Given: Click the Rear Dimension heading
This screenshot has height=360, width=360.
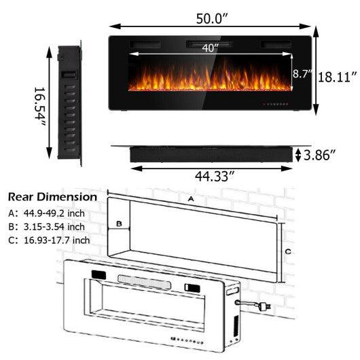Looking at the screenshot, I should tap(52, 197).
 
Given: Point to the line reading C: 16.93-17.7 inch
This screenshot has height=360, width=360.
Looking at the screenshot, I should tap(48, 240).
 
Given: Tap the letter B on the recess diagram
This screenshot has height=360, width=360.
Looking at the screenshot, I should tap(118, 222).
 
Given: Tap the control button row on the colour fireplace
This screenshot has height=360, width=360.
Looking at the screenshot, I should tap(276, 105).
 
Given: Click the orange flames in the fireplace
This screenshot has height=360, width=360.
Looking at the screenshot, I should tap(211, 79).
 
